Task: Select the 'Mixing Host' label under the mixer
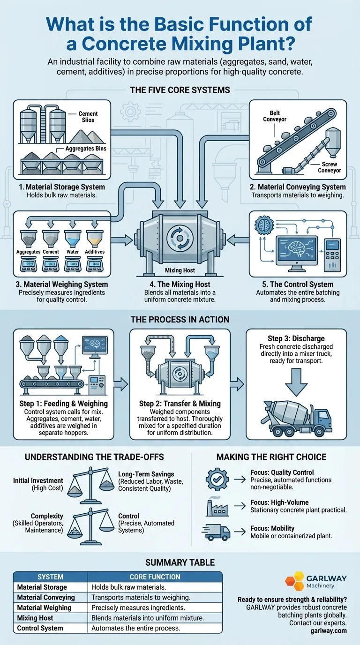coord(180,270)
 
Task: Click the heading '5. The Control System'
coord(295,284)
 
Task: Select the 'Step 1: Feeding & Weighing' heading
coord(64,403)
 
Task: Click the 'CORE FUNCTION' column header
coord(155,577)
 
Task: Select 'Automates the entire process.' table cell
coord(135,628)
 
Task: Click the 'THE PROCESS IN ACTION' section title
coord(180,320)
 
